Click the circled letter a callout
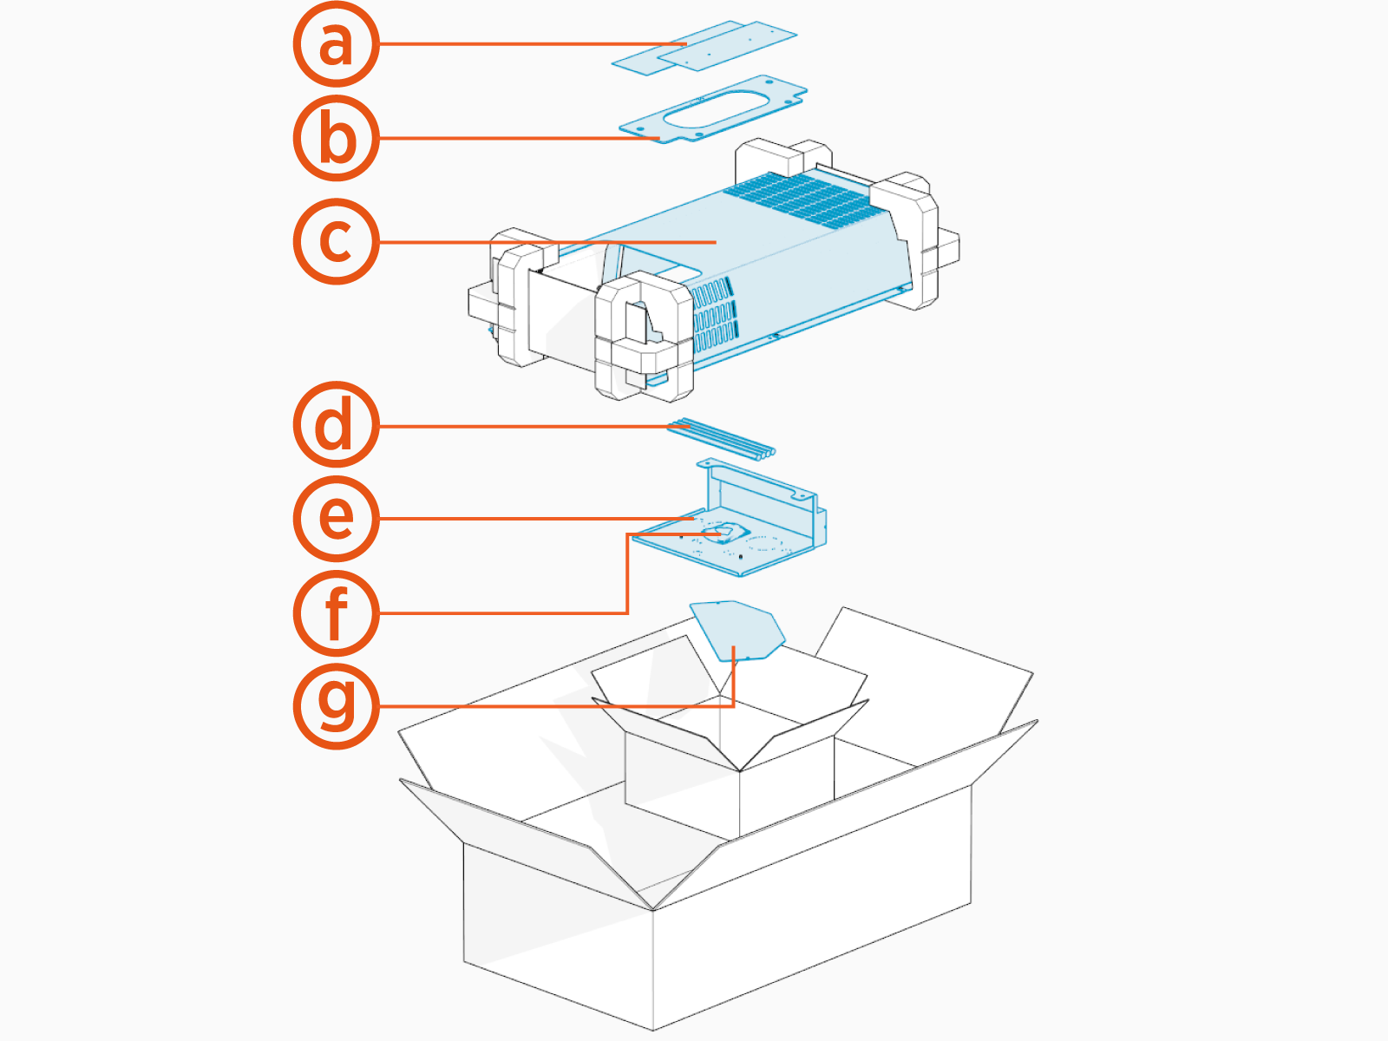click(x=336, y=43)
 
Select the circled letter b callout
click(x=336, y=139)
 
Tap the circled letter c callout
click(x=336, y=241)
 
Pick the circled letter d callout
click(x=336, y=425)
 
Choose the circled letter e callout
click(x=336, y=518)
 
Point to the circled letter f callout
click(x=336, y=612)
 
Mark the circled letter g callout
click(x=336, y=705)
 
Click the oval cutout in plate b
click(x=719, y=107)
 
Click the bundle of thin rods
click(x=720, y=437)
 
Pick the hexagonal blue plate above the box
click(x=737, y=630)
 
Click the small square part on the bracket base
click(x=725, y=533)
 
